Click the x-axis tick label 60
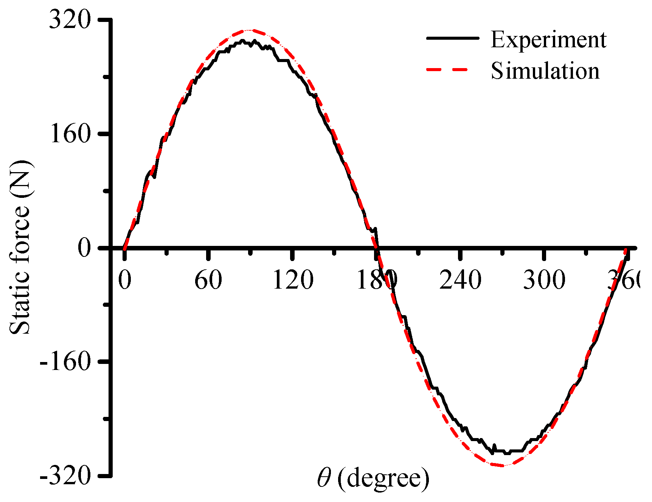pos(208,280)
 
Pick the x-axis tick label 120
pos(292,280)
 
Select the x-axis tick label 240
pos(460,280)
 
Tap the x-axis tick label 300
pos(544,280)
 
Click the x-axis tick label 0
pos(124,280)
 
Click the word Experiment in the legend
pos(548,39)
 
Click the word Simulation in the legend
pos(545,71)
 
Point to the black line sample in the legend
pos(452,38)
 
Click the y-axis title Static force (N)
pos(20,248)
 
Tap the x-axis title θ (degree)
pos(373,479)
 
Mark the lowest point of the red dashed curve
pos(502,465)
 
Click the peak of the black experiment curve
pos(242,40)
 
